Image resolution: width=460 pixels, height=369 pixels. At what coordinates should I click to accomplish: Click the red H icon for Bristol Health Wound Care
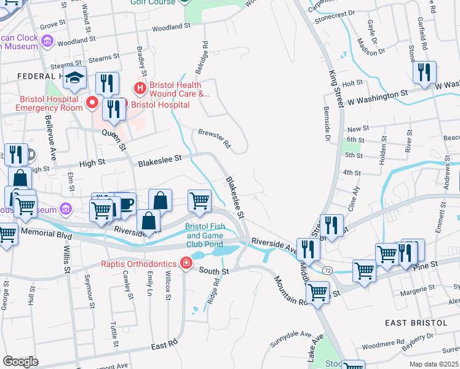[x=140, y=89]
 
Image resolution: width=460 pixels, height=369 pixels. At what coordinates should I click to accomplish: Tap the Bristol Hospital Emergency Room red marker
[x=92, y=102]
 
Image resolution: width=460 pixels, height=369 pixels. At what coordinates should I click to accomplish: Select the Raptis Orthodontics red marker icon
[x=186, y=264]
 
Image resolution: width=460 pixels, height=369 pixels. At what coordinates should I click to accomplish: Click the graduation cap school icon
[x=75, y=78]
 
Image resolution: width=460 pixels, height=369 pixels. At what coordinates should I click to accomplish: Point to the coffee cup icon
[x=125, y=203]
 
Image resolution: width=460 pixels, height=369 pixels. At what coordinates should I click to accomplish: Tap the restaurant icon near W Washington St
[x=424, y=72]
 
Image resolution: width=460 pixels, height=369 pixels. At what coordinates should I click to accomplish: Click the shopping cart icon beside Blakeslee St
[x=199, y=200]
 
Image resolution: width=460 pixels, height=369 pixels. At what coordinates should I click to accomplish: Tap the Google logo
[x=20, y=362]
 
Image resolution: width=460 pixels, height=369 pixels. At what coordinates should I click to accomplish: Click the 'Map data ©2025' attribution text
[x=433, y=364]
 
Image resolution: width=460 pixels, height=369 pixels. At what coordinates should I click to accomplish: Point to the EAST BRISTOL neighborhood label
[x=416, y=323]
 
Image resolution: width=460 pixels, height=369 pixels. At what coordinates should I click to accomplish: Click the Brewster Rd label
[x=214, y=138]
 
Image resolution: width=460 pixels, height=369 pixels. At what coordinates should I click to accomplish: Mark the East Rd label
[x=164, y=345]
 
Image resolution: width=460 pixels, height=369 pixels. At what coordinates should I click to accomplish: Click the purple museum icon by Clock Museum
[x=47, y=41]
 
